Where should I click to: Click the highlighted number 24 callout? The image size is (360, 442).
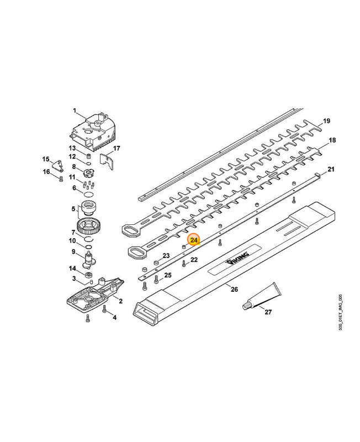(194, 240)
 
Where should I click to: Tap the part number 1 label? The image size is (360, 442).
(75, 111)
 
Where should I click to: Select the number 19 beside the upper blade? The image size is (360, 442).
(326, 121)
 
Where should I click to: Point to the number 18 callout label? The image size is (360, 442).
(332, 140)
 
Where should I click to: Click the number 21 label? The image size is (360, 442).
(331, 169)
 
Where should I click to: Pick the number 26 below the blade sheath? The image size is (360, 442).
(234, 289)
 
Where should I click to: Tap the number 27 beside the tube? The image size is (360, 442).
(268, 312)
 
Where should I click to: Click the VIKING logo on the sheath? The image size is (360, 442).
(237, 258)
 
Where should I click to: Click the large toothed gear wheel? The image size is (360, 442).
(88, 226)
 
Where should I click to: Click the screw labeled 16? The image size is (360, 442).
(61, 178)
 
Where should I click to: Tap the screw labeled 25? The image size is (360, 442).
(156, 280)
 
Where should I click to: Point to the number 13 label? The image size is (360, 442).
(72, 148)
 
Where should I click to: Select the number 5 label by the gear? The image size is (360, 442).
(73, 209)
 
